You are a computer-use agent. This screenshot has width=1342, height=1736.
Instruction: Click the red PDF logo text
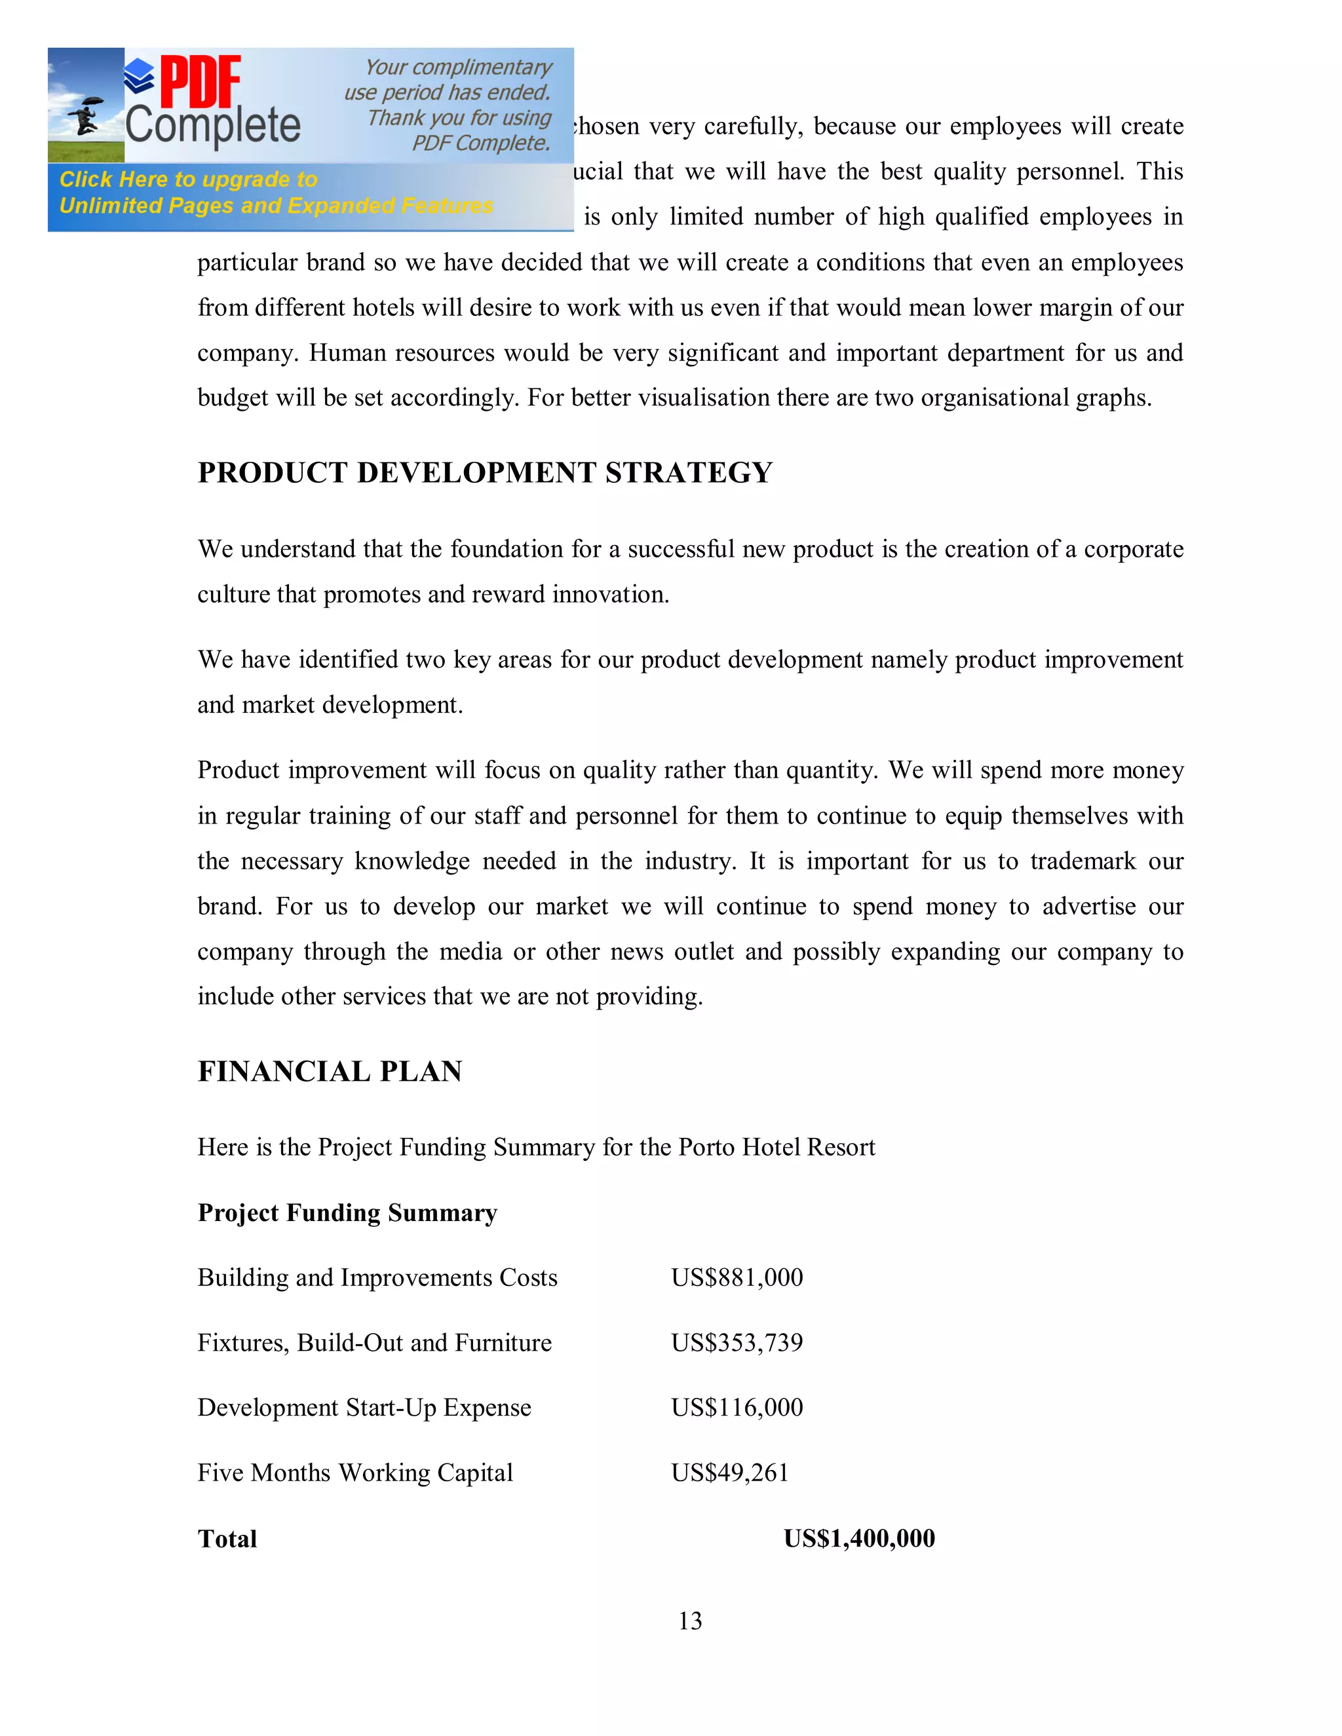tap(201, 82)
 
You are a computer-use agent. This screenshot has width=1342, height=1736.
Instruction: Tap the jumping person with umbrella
tap(85, 116)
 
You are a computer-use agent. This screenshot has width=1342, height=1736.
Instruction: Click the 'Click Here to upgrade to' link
tap(189, 179)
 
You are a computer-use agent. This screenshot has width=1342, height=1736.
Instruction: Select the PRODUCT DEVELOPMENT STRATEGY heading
tap(485, 473)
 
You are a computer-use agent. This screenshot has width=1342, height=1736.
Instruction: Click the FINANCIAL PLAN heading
tap(330, 1072)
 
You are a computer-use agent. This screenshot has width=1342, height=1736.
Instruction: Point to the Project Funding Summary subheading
tap(347, 1213)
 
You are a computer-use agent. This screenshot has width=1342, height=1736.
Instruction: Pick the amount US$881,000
tap(737, 1277)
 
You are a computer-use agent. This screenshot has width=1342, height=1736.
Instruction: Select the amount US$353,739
tap(737, 1342)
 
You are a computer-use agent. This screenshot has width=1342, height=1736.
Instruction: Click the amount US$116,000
tap(737, 1408)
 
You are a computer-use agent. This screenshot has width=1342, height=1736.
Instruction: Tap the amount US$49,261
tap(730, 1473)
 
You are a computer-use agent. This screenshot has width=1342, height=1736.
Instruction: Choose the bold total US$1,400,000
tap(860, 1538)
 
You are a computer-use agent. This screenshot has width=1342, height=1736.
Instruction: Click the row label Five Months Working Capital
tap(355, 1473)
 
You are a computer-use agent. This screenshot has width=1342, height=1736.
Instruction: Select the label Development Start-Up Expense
tap(364, 1408)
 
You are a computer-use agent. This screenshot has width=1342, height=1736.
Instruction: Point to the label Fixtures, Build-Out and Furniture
tap(374, 1342)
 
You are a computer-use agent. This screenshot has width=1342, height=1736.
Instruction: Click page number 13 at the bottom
tap(690, 1621)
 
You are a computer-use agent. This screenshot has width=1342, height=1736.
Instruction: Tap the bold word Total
tap(227, 1539)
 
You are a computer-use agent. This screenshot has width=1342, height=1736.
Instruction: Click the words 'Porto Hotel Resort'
tap(776, 1147)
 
